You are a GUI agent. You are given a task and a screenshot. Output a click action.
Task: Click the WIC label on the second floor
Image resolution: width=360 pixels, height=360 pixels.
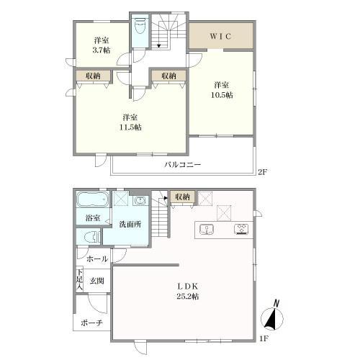click(x=220, y=36)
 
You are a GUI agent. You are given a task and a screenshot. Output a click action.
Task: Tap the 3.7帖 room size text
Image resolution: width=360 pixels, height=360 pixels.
click(x=102, y=50)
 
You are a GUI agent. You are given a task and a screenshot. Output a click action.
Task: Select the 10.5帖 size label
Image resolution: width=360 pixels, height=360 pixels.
click(x=222, y=95)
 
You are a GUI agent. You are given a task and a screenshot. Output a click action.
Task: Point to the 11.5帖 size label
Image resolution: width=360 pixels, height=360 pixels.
click(x=130, y=127)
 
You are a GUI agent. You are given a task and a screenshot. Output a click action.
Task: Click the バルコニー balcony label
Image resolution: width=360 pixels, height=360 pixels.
click(x=182, y=165)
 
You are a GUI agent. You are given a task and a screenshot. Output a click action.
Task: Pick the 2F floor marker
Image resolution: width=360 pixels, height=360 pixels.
click(x=262, y=171)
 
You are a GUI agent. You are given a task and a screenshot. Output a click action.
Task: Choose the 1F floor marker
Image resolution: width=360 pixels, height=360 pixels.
click(x=264, y=338)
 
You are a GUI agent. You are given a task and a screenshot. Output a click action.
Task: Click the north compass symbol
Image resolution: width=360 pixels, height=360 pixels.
click(x=272, y=316)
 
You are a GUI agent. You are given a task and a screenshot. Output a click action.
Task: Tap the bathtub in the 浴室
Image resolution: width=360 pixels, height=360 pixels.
click(x=93, y=199)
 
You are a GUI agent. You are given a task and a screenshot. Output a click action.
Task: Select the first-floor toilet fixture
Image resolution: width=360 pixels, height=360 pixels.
click(x=92, y=237)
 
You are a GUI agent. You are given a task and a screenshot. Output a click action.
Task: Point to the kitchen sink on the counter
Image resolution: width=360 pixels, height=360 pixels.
click(x=207, y=230)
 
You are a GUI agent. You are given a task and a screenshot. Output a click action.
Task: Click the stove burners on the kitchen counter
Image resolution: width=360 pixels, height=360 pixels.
click(x=241, y=229)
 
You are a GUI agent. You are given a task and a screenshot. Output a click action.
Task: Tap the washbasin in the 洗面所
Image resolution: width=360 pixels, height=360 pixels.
click(x=141, y=201)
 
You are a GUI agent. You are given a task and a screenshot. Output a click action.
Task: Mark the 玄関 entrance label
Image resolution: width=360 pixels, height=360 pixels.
click(x=97, y=281)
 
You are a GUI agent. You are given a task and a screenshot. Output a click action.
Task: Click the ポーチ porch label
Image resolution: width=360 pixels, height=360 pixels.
click(x=91, y=323)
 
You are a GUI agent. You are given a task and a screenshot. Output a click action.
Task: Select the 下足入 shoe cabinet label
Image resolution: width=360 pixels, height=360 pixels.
click(x=80, y=279)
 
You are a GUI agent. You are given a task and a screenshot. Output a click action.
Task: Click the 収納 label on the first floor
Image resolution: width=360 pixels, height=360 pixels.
click(x=182, y=197)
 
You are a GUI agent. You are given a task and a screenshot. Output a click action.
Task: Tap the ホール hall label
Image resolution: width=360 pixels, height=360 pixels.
click(x=97, y=259)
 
